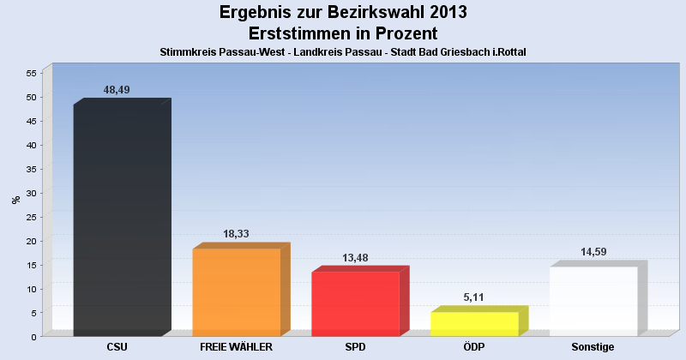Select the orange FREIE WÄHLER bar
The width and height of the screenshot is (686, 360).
237,291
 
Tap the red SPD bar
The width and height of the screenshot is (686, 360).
355,303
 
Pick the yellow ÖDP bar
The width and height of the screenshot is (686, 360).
474,323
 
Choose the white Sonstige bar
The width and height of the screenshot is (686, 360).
593,301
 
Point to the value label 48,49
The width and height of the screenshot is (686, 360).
117,89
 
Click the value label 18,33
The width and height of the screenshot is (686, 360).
237,233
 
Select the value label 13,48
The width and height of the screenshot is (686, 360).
355,256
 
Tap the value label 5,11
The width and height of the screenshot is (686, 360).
474,297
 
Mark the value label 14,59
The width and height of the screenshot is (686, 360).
593,251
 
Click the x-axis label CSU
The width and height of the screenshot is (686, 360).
117,347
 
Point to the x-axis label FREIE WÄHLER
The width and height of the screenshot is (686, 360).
237,347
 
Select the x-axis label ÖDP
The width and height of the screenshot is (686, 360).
474,347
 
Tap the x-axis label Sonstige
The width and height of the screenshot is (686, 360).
593,347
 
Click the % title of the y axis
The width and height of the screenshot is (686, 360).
15,200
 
